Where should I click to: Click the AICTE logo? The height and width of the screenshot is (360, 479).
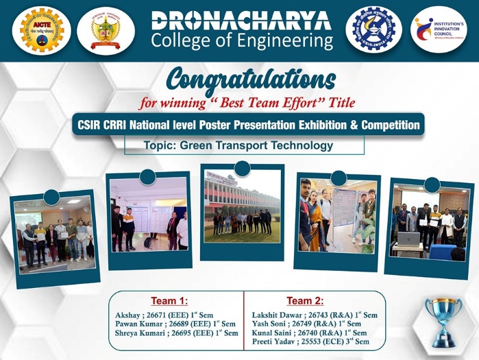click(x=38, y=29)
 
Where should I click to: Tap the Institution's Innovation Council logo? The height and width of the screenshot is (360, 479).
click(x=439, y=29)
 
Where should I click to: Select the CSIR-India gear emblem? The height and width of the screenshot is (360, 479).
click(x=373, y=29)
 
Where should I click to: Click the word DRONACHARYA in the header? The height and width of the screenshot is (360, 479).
click(x=241, y=20)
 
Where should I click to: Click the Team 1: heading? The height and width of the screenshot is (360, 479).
click(x=170, y=301)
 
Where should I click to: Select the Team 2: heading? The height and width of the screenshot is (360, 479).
click(x=305, y=301)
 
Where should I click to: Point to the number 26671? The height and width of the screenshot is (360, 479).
click(x=162, y=315)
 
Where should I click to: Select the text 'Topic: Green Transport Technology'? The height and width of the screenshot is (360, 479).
click(x=238, y=145)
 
